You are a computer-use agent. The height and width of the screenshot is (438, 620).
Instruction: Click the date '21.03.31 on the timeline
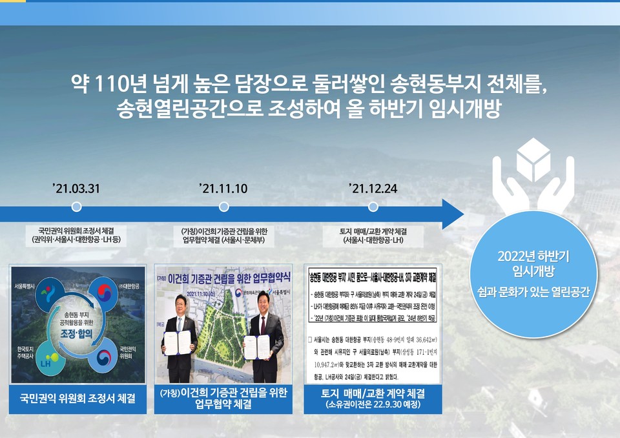pyautogui.click(x=76, y=189)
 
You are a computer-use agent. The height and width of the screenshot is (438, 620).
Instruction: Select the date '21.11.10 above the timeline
pyautogui.click(x=223, y=189)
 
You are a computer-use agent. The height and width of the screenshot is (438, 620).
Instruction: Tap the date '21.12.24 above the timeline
pyautogui.click(x=373, y=189)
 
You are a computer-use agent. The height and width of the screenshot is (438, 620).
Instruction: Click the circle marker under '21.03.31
pyautogui.click(x=76, y=207)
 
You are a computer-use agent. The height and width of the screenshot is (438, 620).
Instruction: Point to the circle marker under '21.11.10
pyautogui.click(x=223, y=207)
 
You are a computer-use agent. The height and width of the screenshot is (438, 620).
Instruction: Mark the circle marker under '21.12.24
pyautogui.click(x=373, y=207)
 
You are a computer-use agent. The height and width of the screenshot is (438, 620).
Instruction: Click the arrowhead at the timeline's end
pyautogui.click(x=452, y=213)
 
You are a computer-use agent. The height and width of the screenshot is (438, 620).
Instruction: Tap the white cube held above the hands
pyautogui.click(x=533, y=158)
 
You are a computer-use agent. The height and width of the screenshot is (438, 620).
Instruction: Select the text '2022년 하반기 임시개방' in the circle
pyautogui.click(x=533, y=262)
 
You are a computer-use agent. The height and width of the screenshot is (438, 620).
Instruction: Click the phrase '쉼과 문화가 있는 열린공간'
pyautogui.click(x=533, y=291)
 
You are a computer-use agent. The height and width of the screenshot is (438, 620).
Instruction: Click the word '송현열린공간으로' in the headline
pyautogui.click(x=188, y=108)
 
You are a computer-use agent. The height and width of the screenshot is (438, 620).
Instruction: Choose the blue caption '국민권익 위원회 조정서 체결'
pyautogui.click(x=77, y=399)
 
